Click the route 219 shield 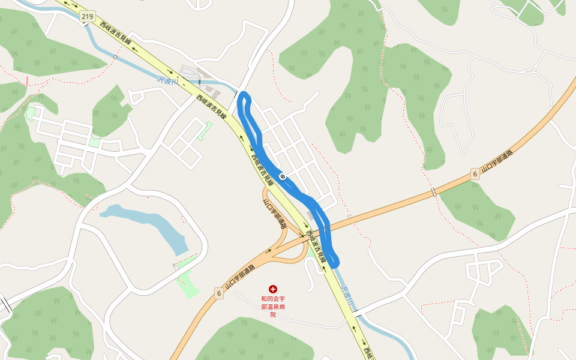(x=88, y=17)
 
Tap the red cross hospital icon (x=273, y=289)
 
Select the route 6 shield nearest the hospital (x=219, y=293)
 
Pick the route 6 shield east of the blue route (x=475, y=174)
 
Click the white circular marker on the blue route (x=282, y=176)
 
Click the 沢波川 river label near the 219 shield (x=167, y=80)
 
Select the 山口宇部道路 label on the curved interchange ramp (x=275, y=212)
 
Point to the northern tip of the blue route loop (x=243, y=94)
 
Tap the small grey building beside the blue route (x=310, y=215)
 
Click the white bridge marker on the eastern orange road (x=433, y=192)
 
